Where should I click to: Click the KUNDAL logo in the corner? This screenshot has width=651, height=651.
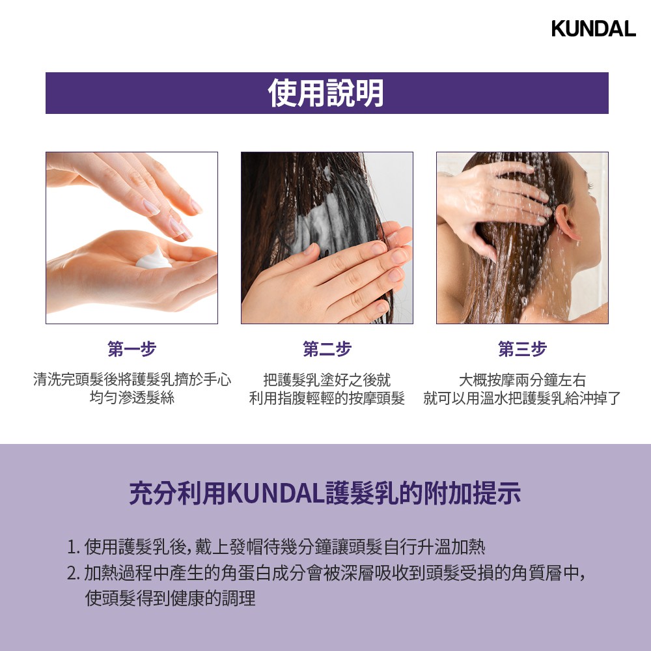pyautogui.click(x=593, y=28)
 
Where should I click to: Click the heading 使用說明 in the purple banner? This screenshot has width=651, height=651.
pyautogui.click(x=326, y=93)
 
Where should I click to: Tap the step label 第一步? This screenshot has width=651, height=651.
pyautogui.click(x=132, y=349)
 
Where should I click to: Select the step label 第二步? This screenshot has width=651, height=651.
pyautogui.click(x=327, y=349)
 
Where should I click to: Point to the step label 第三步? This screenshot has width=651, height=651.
pyautogui.click(x=522, y=349)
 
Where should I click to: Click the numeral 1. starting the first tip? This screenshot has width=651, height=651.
pyautogui.click(x=73, y=547)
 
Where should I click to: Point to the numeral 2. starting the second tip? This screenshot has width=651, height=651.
pyautogui.click(x=73, y=574)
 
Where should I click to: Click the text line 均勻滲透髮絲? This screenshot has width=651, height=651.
pyautogui.click(x=132, y=397)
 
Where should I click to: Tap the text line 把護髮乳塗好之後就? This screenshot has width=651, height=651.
pyautogui.click(x=327, y=380)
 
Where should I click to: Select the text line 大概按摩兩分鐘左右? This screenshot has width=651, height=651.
pyautogui.click(x=522, y=380)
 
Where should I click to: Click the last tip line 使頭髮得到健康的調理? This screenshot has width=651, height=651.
pyautogui.click(x=170, y=598)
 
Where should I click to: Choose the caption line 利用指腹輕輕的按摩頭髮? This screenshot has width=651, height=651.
pyautogui.click(x=327, y=398)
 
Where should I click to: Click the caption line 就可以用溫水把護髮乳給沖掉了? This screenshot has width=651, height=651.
pyautogui.click(x=522, y=398)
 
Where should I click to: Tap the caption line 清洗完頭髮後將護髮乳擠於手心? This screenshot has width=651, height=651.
pyautogui.click(x=132, y=379)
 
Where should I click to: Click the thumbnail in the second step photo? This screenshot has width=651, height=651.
pyautogui.click(x=309, y=249)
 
